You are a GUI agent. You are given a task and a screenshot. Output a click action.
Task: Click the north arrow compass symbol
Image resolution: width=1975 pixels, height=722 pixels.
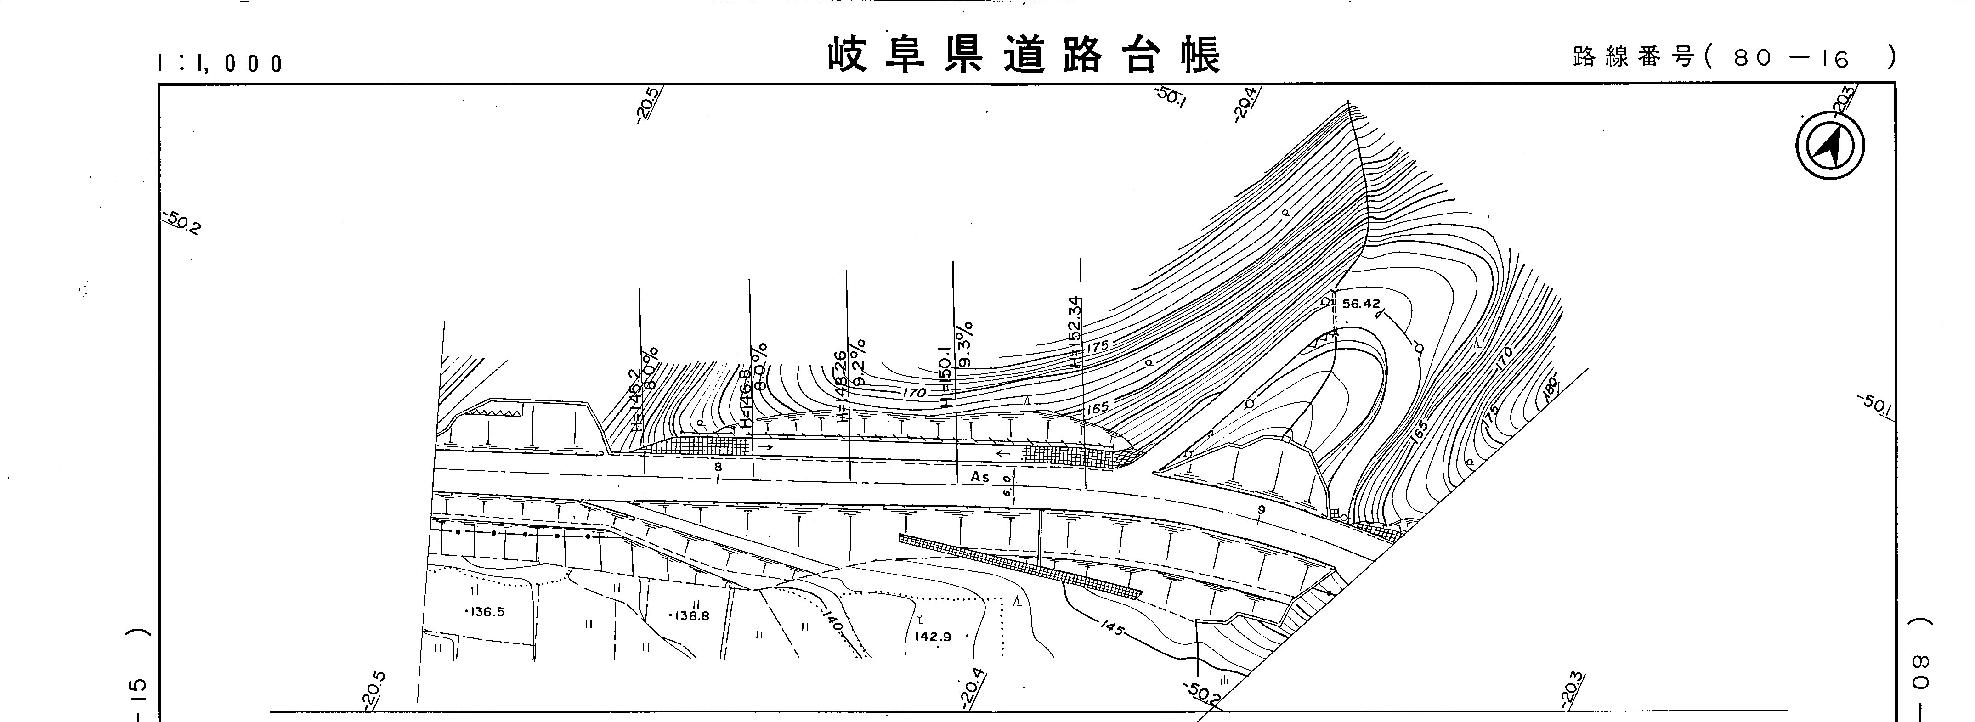coord(1830,146)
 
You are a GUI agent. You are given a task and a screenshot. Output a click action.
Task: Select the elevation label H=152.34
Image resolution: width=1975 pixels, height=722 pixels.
coord(1075,330)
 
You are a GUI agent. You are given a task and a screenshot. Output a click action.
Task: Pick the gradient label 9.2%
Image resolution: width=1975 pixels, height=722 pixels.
coord(859,362)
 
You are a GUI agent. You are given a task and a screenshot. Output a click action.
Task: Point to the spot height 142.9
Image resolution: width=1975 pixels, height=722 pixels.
coord(932,636)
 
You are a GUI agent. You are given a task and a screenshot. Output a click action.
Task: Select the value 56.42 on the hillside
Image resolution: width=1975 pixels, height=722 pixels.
coord(1361,304)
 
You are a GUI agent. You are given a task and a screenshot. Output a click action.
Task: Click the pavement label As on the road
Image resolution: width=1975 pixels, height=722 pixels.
coord(980,477)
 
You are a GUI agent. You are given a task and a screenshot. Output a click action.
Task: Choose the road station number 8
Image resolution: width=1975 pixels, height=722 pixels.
coord(718,467)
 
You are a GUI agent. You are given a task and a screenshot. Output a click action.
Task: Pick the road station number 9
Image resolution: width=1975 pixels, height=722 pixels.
coord(1261,510)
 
